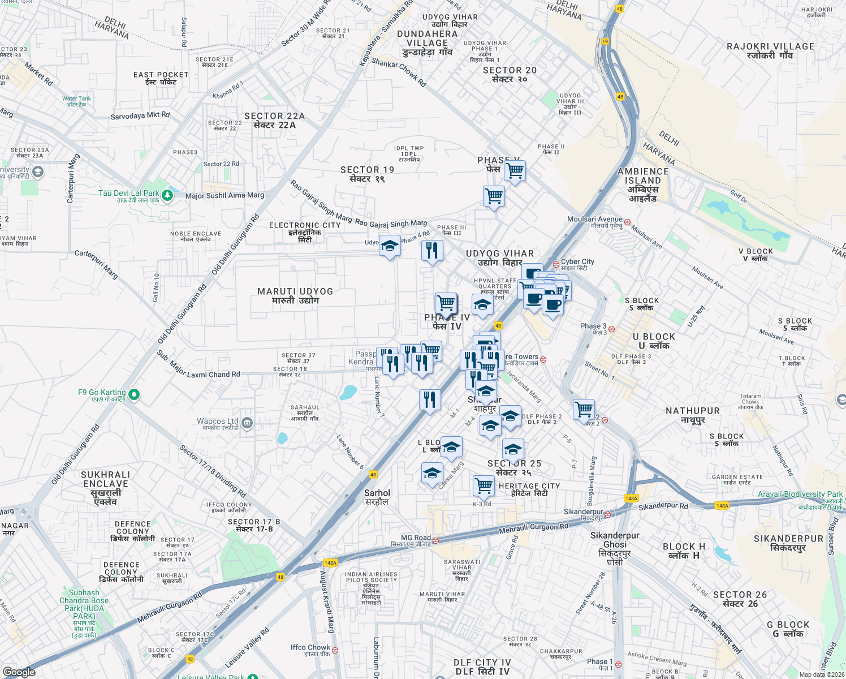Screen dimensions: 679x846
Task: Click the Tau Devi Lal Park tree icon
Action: tap(167, 196)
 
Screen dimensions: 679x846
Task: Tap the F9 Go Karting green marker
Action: tap(134, 394)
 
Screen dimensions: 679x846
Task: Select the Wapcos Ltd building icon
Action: tap(247, 423)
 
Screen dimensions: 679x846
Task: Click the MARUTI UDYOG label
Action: tap(295, 295)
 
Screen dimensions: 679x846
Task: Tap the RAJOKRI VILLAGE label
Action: tap(770, 50)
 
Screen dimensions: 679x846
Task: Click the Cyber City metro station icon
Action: tap(556, 264)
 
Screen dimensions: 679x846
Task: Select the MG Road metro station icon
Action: tap(435, 540)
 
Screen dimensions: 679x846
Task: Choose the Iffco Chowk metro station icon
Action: tap(335, 650)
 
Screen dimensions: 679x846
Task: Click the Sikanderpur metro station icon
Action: tap(607, 514)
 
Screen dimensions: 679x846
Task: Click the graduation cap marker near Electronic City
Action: tap(390, 246)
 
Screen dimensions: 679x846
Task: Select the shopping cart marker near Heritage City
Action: tap(484, 484)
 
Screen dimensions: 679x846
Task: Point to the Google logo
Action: tap(19, 672)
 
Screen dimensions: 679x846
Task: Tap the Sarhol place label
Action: tap(377, 497)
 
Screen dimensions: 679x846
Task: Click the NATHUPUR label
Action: tap(692, 415)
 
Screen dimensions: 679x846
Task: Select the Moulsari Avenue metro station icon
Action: tap(627, 222)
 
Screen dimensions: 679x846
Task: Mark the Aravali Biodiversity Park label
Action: tap(800, 494)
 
